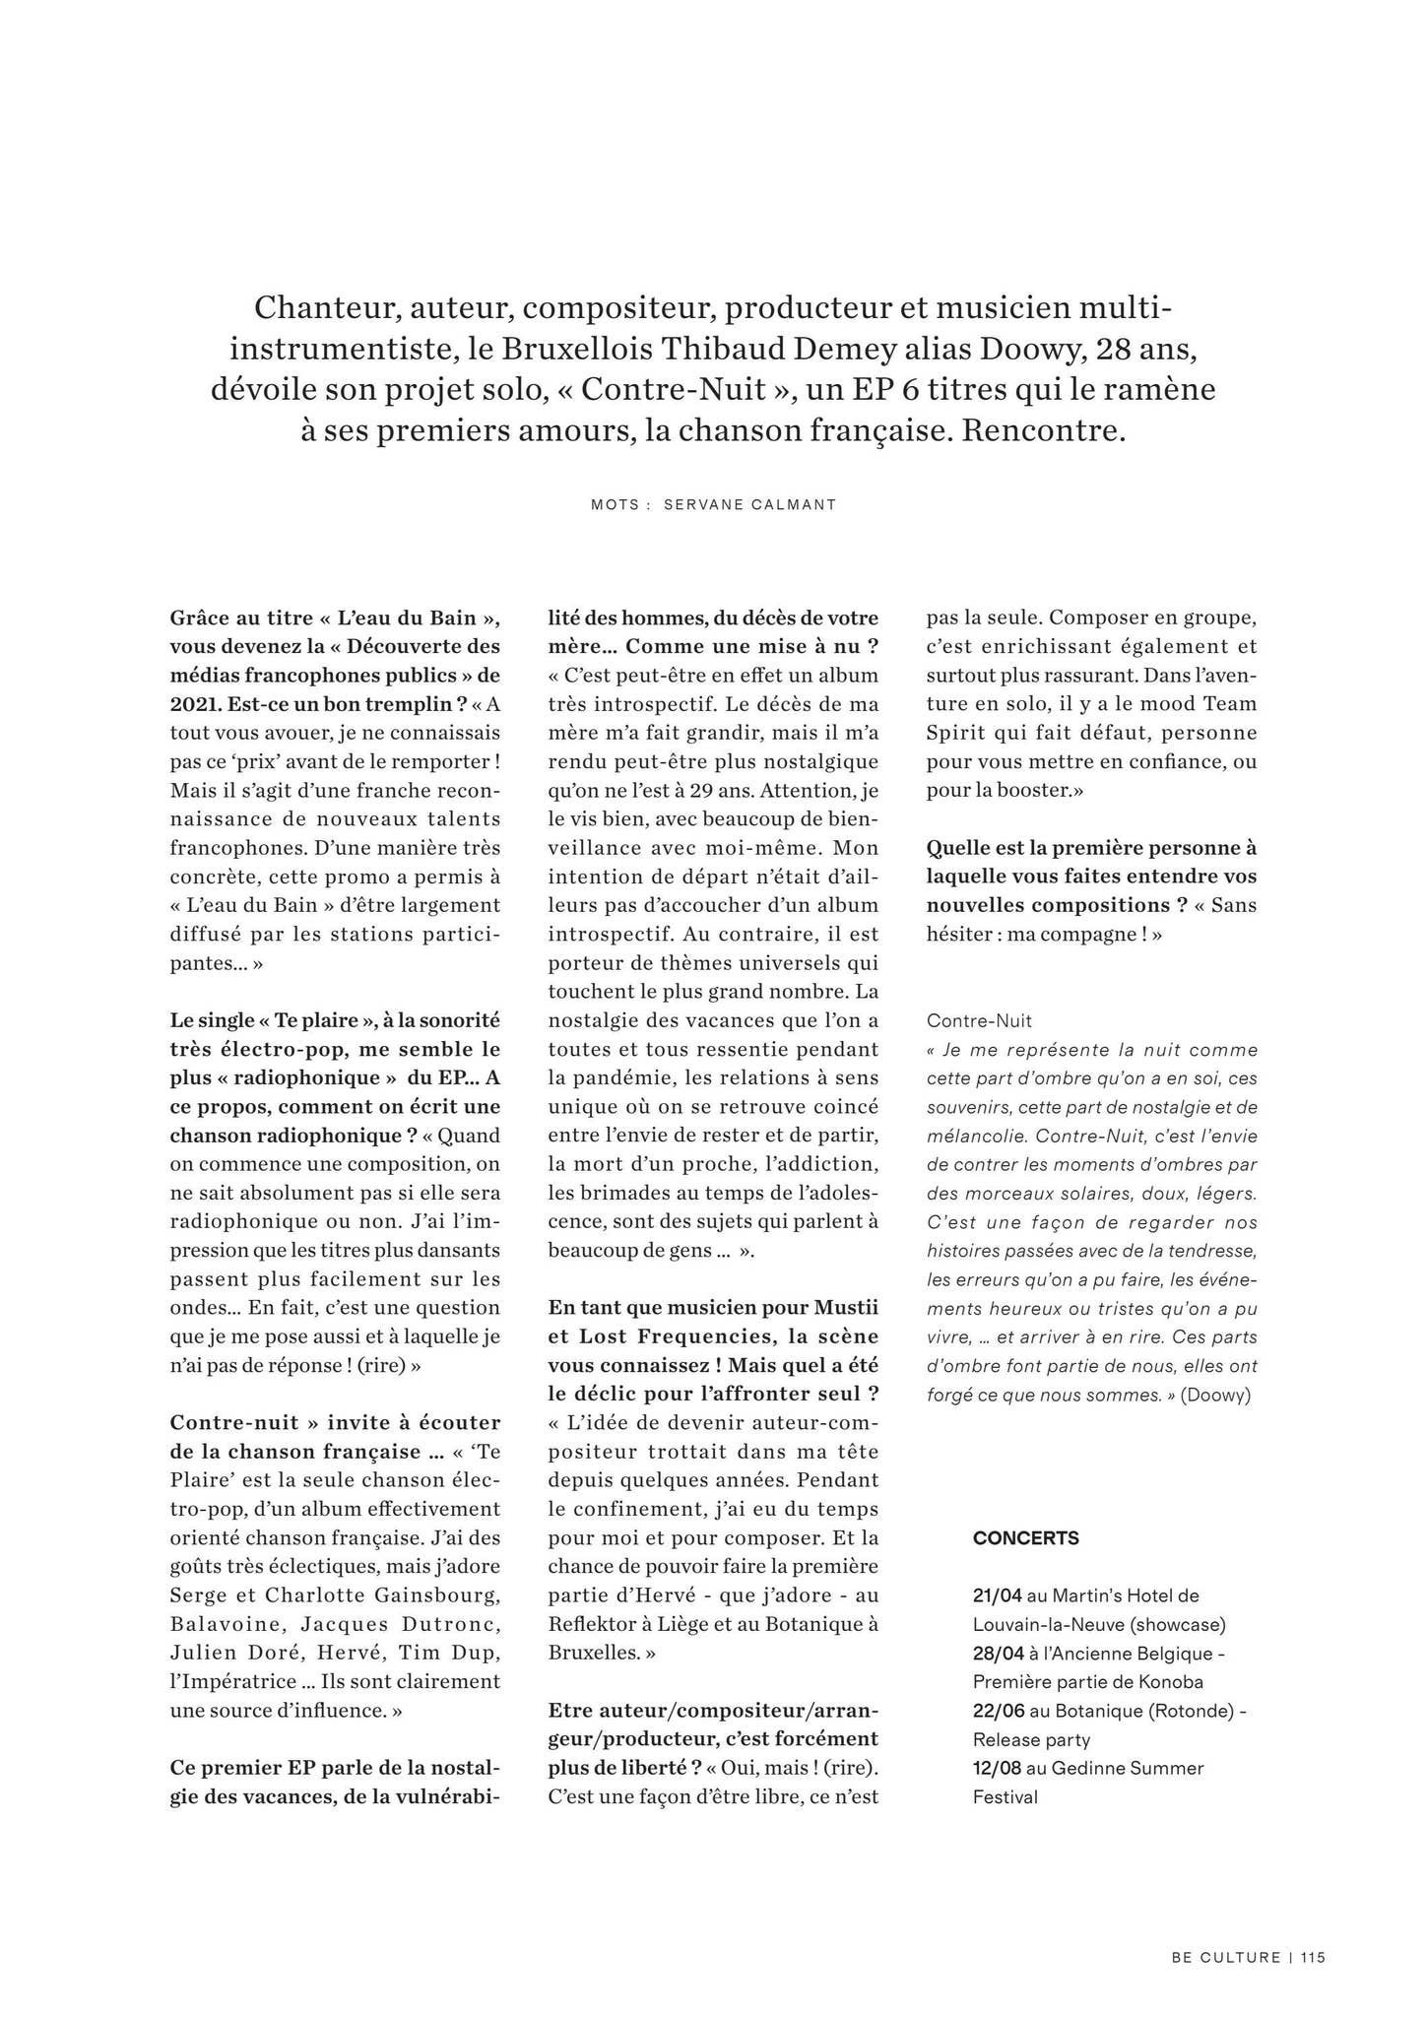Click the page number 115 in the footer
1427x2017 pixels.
click(x=1312, y=1958)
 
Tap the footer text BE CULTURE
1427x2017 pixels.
click(x=1226, y=1958)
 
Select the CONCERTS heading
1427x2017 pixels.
click(x=1025, y=1538)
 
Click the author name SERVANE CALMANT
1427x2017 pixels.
click(x=749, y=505)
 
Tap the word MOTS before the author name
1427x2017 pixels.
click(x=616, y=505)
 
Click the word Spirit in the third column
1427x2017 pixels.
click(x=958, y=733)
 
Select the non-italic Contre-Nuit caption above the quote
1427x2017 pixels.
click(x=979, y=1021)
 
